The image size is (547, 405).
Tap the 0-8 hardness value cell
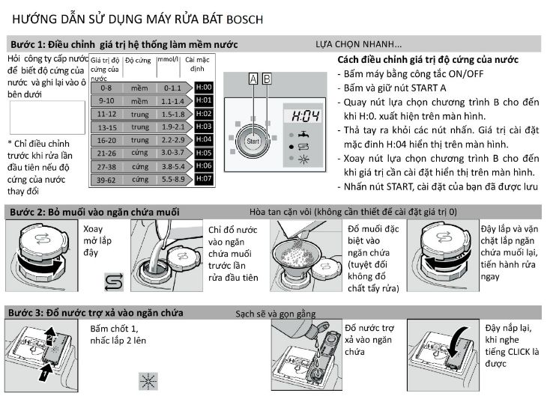pyautogui.click(x=107, y=88)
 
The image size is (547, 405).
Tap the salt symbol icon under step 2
pyautogui.click(x=112, y=283)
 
